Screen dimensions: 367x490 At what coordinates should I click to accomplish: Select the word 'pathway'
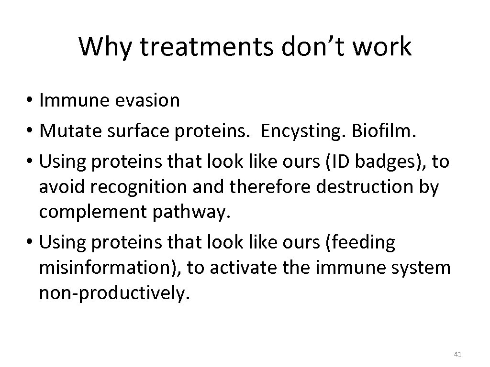click(x=198, y=213)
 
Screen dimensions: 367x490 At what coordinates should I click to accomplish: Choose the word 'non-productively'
click(x=115, y=294)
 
